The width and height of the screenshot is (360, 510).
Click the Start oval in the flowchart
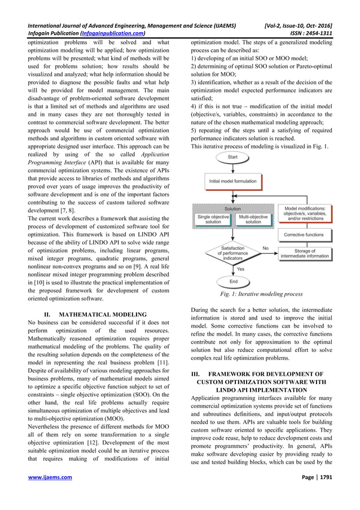click(232, 156)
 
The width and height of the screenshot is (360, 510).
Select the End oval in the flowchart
click(232, 281)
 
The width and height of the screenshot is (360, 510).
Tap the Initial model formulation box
click(232, 181)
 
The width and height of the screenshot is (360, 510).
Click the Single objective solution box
click(213, 219)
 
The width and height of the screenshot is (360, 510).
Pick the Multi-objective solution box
click(253, 219)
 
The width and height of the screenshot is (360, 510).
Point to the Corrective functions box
click(304, 234)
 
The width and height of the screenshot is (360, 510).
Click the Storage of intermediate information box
click(304, 252)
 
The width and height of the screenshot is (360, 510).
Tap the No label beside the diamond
click(265, 247)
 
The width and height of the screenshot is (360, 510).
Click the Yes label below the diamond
click(240, 269)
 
